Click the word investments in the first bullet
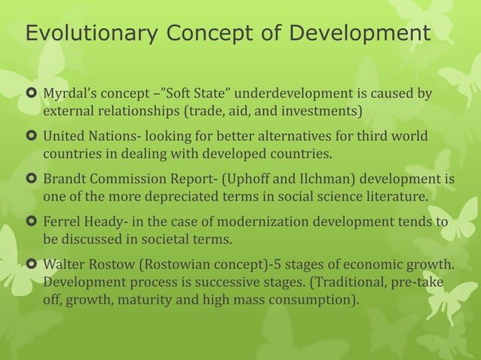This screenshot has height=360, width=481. point(324,113)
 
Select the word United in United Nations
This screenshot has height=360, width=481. point(64,138)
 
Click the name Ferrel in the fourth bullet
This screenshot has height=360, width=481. point(61,223)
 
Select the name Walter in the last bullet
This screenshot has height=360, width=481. point(63,266)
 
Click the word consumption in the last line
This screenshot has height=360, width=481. point(316,301)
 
